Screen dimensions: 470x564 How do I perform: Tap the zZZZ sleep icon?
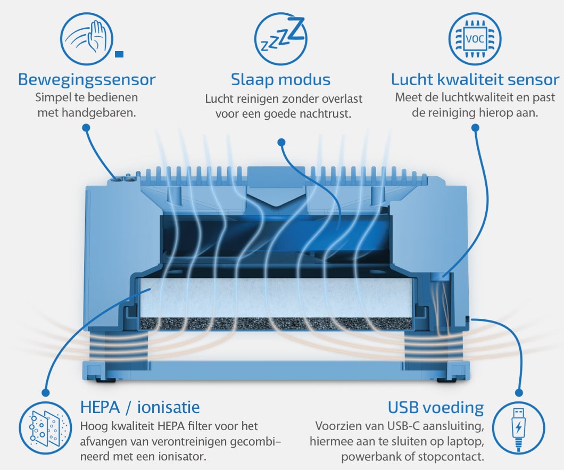tap(280, 38)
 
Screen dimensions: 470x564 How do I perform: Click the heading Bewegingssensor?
tap(87, 80)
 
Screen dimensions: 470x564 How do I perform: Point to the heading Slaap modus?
tap(280, 80)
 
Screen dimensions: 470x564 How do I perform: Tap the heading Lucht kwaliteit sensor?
tap(475, 80)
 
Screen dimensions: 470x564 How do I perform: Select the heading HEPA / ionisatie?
tap(140, 408)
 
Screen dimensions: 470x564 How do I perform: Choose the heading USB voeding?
tap(435, 408)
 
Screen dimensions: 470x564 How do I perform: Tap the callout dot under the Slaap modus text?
tap(281, 142)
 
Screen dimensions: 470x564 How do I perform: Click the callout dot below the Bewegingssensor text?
tap(86, 128)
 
